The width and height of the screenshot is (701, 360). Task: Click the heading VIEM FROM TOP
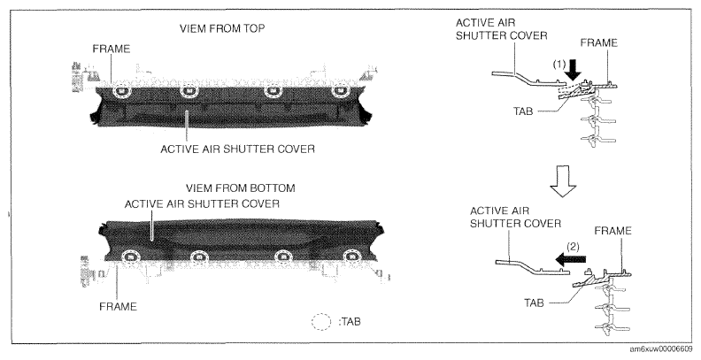click(222, 28)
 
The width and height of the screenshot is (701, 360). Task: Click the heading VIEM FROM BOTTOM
click(241, 188)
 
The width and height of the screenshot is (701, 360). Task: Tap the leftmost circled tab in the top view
click(121, 92)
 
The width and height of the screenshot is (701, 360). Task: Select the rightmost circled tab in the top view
click(340, 92)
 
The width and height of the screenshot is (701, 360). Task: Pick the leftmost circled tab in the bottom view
click(130, 257)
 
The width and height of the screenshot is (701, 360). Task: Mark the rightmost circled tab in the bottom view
click(351, 257)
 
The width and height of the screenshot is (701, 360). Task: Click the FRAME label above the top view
click(112, 49)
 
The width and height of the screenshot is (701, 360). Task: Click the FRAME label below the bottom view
click(118, 306)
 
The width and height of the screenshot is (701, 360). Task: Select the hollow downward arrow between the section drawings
click(562, 181)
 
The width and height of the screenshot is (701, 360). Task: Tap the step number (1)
click(558, 65)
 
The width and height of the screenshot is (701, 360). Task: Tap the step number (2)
click(573, 246)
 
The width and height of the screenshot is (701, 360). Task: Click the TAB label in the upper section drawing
click(523, 111)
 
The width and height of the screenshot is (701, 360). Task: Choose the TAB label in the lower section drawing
click(534, 303)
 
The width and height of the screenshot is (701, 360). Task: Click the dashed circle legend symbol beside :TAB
click(321, 322)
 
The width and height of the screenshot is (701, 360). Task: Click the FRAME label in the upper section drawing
click(599, 42)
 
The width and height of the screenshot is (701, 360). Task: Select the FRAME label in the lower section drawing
click(612, 231)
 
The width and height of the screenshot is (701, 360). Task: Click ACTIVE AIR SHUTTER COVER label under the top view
click(237, 149)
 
